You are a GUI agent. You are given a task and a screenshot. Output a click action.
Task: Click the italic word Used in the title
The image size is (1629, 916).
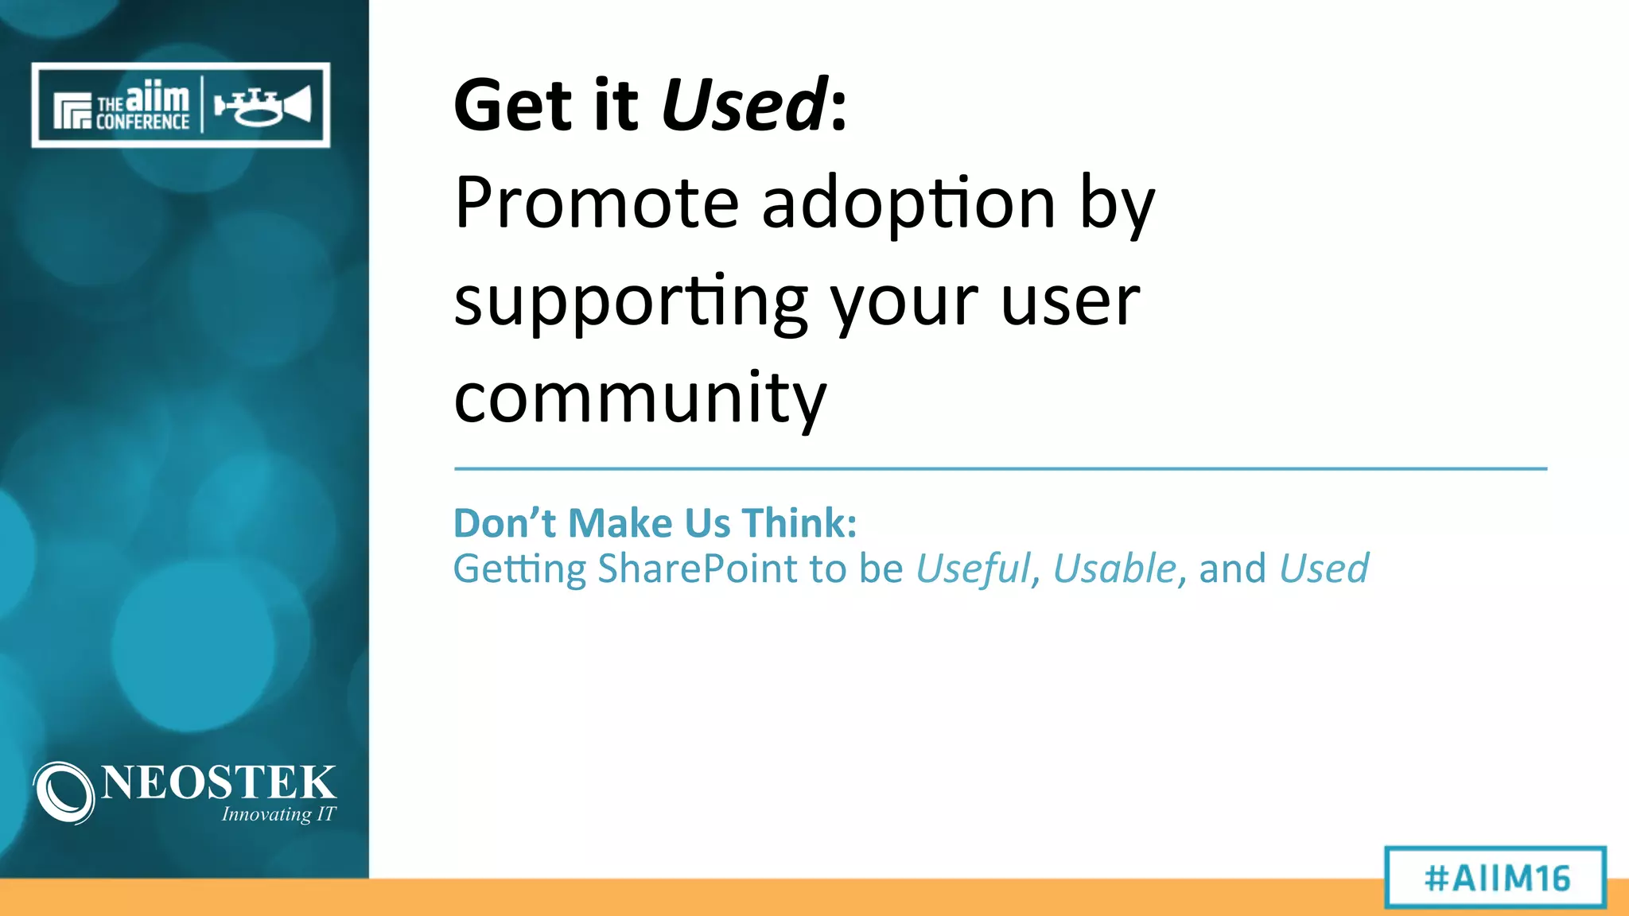tap(745, 105)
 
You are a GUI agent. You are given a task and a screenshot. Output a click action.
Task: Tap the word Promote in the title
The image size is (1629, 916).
tap(597, 203)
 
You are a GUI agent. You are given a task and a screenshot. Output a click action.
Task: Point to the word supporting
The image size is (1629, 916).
tap(631, 303)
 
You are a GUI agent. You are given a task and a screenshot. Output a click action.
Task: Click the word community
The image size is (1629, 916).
tap(640, 398)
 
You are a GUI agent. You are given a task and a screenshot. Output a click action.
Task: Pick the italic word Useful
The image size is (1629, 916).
tap(973, 569)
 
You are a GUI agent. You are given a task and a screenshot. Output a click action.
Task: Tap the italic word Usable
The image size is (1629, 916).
tap(1114, 569)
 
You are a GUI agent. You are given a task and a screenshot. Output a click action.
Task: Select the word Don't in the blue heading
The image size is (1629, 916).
tap(504, 523)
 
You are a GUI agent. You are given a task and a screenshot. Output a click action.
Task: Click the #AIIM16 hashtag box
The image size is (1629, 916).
tap(1495, 878)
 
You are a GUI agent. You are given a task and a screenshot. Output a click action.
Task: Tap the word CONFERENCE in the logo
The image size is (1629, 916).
tap(142, 122)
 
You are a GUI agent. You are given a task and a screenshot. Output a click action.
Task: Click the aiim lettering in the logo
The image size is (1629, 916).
tap(157, 98)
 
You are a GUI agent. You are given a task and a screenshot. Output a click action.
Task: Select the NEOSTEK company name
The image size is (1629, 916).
tap(219, 782)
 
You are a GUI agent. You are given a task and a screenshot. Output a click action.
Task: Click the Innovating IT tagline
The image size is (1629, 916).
tap(278, 814)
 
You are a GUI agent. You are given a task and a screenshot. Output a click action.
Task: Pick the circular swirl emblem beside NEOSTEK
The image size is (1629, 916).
tap(64, 792)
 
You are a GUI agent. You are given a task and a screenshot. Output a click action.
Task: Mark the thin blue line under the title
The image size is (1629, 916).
tap(1000, 469)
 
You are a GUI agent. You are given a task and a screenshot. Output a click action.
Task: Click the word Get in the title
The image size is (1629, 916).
tap(513, 105)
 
